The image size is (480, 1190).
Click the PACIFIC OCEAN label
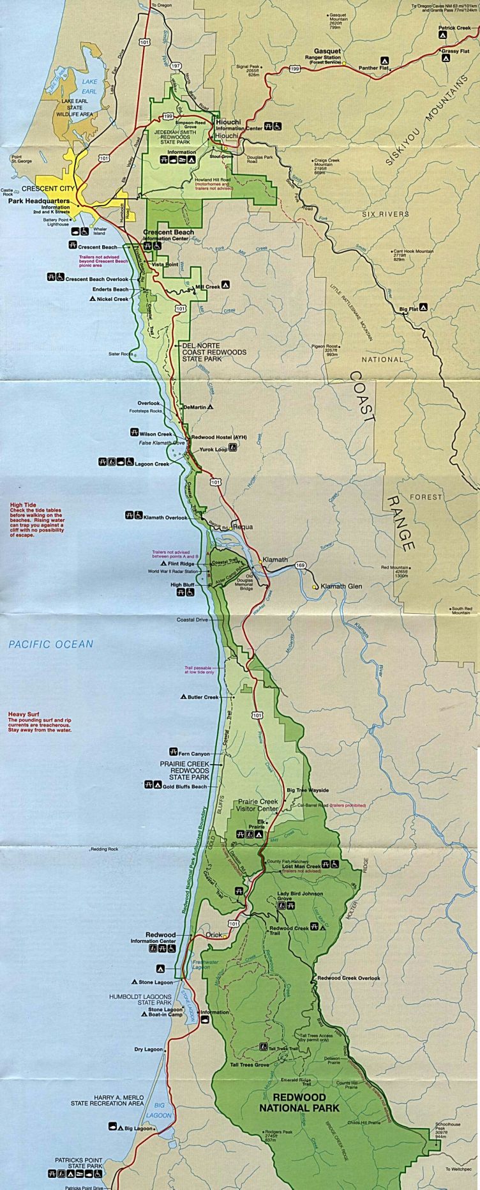tap(50, 645)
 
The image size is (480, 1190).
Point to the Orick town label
tap(214, 934)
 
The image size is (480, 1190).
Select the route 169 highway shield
tap(301, 565)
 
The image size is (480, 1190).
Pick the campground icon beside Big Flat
tap(423, 309)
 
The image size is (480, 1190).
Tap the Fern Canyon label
tap(194, 754)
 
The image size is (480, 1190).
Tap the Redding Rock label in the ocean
tap(105, 849)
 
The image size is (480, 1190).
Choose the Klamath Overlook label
tap(165, 517)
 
